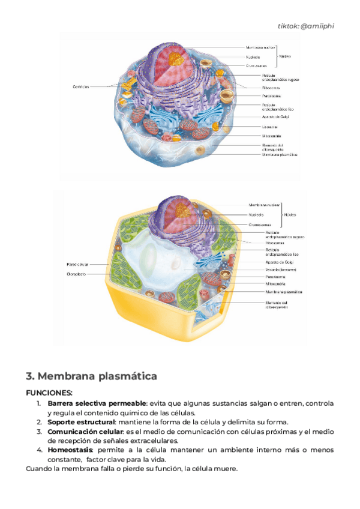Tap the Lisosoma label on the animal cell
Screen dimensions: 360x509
click(x=269, y=127)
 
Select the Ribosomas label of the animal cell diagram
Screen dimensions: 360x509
click(x=271, y=88)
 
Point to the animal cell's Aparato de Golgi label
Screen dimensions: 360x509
click(x=276, y=117)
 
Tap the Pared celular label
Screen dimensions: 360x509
click(x=77, y=264)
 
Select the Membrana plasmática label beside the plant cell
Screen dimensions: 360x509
click(x=284, y=292)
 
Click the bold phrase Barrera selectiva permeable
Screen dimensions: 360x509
click(x=97, y=403)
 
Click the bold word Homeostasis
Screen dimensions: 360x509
click(x=70, y=450)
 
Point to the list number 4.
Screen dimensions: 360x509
click(x=39, y=450)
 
